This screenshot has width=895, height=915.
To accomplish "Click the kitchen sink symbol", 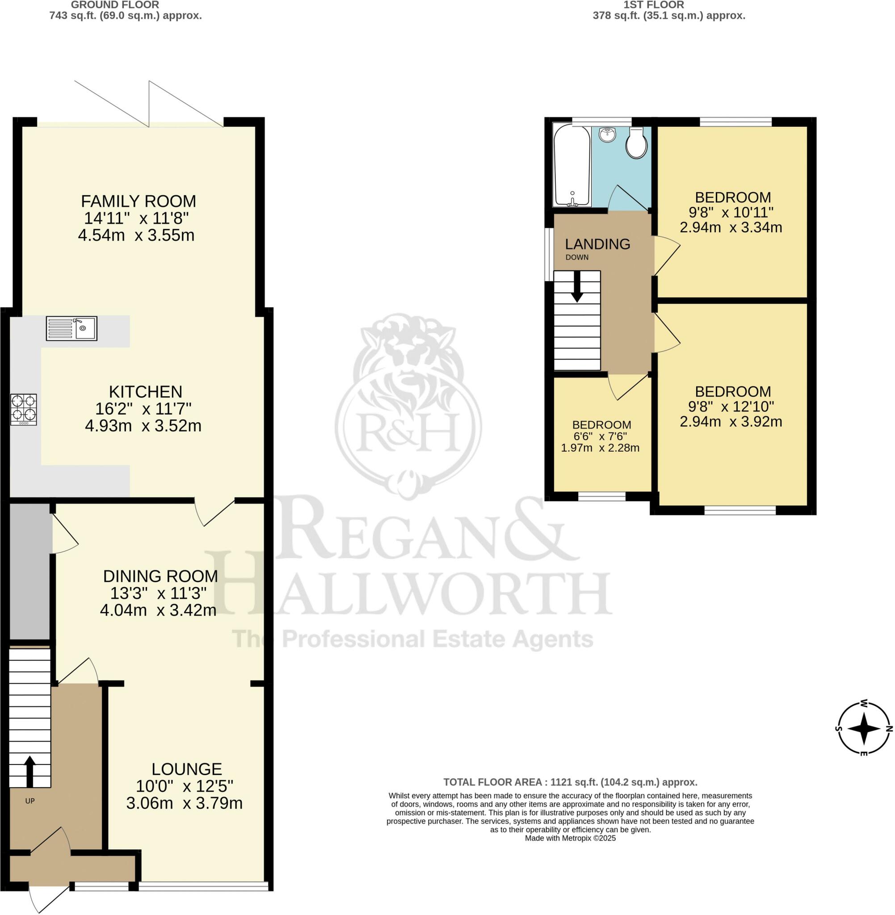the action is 71,328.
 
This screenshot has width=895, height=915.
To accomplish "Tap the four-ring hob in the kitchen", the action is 24,409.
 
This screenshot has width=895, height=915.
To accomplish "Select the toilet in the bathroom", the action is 636,143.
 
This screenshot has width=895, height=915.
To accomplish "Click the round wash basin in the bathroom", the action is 608,134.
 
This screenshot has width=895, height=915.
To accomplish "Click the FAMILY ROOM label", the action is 138,201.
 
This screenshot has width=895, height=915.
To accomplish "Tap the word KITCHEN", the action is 145,391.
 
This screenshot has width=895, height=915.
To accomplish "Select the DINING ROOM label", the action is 160,576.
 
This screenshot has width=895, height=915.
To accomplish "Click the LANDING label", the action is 597,244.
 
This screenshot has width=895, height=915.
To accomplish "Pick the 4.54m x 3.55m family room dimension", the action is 136,235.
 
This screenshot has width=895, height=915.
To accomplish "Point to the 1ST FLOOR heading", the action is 653,5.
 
